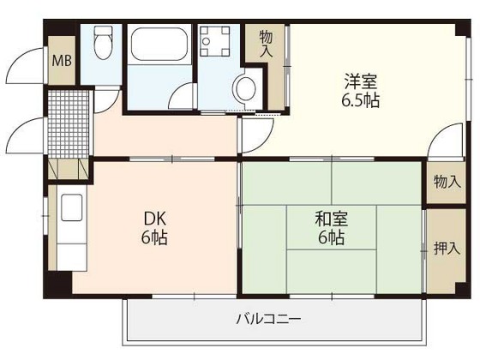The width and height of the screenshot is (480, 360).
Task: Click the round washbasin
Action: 246,87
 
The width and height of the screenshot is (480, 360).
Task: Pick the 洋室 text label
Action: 361,82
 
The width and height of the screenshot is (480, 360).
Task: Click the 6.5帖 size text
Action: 361,100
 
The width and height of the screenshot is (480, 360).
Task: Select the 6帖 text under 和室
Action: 330,238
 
